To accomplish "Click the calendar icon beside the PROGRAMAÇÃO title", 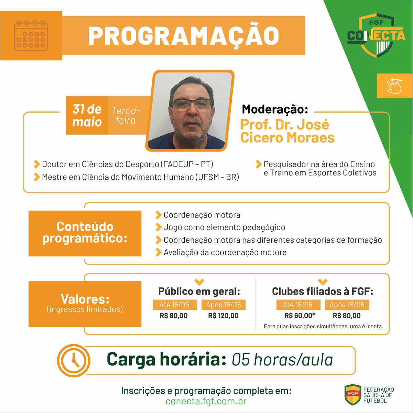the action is (31, 35).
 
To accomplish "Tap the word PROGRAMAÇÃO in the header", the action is (184, 35).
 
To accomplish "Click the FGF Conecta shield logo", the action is (376, 35).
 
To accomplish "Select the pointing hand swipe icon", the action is (394, 86).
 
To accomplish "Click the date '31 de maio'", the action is (87, 115).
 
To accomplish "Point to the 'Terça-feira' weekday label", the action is (126, 115).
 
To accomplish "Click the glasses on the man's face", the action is (192, 104).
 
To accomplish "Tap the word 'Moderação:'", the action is (275, 109).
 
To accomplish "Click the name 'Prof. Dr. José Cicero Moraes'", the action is (287, 131).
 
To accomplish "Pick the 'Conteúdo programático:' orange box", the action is (85, 233).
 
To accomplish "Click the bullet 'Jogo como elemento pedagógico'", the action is (224, 227).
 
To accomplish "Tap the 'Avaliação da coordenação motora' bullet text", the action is (225, 252).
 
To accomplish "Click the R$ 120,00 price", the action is (223, 316).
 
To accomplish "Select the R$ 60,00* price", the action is (300, 316).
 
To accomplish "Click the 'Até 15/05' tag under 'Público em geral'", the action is (175, 305).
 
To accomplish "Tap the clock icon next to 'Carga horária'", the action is (74, 361).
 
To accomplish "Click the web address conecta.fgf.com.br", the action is (206, 401).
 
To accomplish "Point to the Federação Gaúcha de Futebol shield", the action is (353, 394).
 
